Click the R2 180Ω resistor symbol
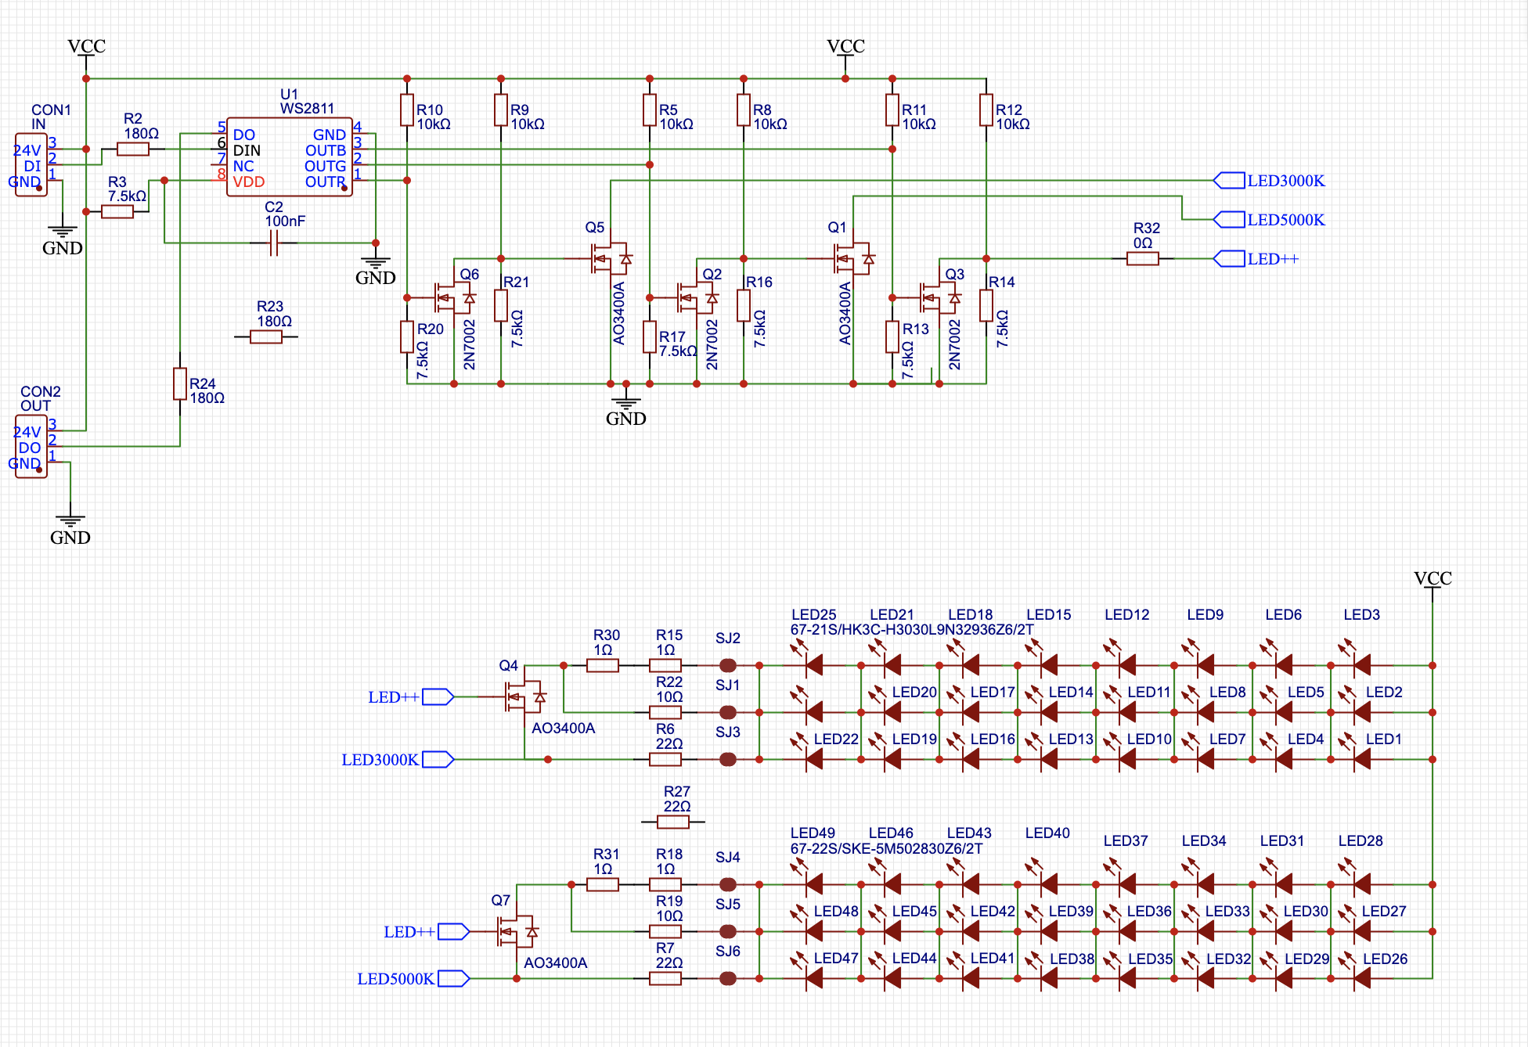click(x=133, y=149)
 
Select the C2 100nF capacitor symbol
click(x=274, y=243)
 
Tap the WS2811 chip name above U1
click(x=307, y=109)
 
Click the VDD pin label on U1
click(x=249, y=182)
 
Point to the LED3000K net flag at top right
click(x=1229, y=181)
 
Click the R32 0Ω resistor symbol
click(x=1143, y=258)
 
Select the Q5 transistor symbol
click(x=610, y=257)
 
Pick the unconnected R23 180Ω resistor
click(x=266, y=336)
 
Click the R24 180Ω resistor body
click(x=180, y=383)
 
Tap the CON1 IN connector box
click(x=31, y=165)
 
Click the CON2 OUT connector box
click(x=31, y=447)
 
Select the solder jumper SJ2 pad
click(x=728, y=665)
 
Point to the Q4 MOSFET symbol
click(x=524, y=696)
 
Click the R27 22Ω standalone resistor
click(x=673, y=822)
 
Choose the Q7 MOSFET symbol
click(x=516, y=930)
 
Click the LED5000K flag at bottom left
click(x=454, y=978)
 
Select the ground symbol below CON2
click(x=70, y=520)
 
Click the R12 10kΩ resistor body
click(x=986, y=110)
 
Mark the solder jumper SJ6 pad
click(x=728, y=978)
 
